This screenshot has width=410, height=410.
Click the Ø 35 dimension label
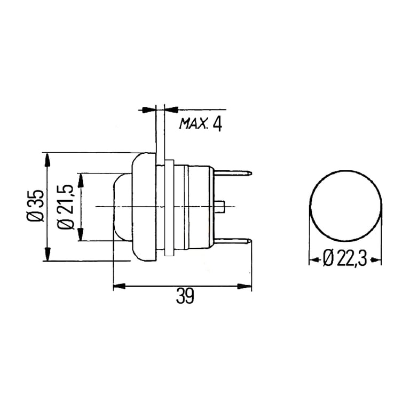tap(35, 206)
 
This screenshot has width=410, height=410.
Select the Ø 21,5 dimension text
tap(66, 207)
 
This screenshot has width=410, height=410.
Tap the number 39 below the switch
tap(185, 295)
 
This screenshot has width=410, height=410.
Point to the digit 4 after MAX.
tap(218, 124)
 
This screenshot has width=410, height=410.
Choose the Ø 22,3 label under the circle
tap(345, 257)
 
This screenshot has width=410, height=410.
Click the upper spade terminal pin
tap(233, 173)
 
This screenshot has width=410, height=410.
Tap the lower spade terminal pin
tap(233, 242)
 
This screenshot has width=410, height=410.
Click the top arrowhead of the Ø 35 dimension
tap(47, 160)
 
